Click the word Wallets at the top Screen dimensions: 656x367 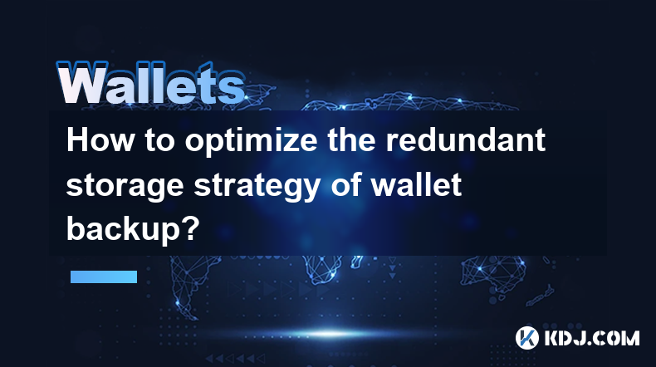point(151,83)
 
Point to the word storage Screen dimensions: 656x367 point(125,187)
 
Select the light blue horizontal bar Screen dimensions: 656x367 point(104,276)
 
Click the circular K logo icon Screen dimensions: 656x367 point(526,337)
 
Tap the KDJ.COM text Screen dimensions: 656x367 point(591,338)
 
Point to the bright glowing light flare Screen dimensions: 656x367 point(330,334)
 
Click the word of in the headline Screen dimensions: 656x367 point(346,184)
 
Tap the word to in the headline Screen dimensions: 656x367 point(159,141)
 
